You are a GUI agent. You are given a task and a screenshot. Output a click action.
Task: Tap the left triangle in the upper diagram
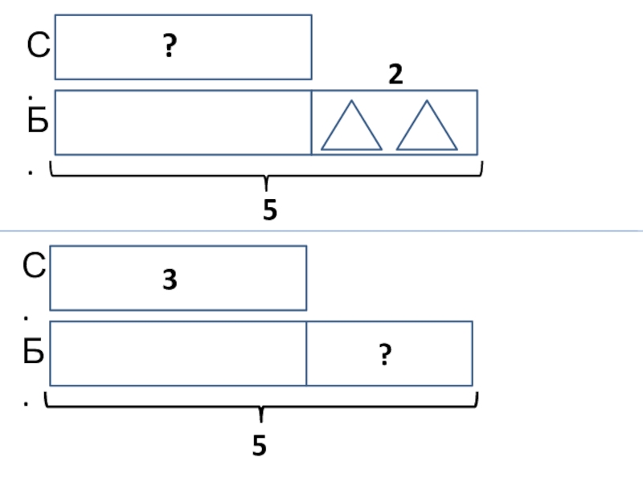(x=351, y=128)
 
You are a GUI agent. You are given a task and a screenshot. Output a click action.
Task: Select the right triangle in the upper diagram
(x=427, y=128)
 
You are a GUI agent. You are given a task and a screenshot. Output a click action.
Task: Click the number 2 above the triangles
(x=395, y=75)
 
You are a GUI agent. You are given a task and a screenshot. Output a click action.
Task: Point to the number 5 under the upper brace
(x=269, y=210)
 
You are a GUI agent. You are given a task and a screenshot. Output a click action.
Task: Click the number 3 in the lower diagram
(x=170, y=280)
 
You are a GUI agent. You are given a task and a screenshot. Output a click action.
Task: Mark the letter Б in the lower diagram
(x=34, y=353)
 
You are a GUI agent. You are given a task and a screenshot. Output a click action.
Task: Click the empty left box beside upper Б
(x=183, y=122)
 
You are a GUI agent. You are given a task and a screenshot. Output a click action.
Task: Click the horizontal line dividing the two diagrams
(x=321, y=231)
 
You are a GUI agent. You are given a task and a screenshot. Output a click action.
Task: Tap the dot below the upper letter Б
(x=30, y=172)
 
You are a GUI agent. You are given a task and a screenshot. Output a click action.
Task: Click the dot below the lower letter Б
(x=27, y=404)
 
